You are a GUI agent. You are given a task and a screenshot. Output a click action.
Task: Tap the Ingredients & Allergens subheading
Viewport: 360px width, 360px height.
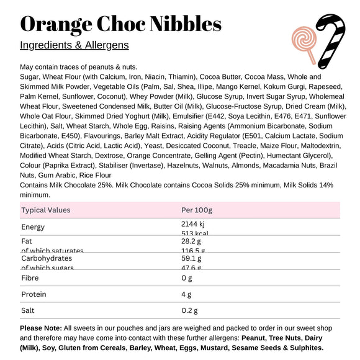tap(74, 45)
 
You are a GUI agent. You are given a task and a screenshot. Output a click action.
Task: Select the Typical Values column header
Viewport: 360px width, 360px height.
tap(46, 210)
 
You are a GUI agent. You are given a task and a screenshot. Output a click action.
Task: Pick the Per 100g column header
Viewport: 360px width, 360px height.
tap(197, 210)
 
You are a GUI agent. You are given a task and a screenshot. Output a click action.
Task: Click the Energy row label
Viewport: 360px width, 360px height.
tap(33, 227)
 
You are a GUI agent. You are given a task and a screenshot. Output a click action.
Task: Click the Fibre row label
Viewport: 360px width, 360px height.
tap(30, 277)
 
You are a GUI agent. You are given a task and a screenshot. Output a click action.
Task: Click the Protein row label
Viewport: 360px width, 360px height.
tap(34, 294)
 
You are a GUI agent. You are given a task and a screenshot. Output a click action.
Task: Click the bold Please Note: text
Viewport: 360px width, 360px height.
tap(41, 328)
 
